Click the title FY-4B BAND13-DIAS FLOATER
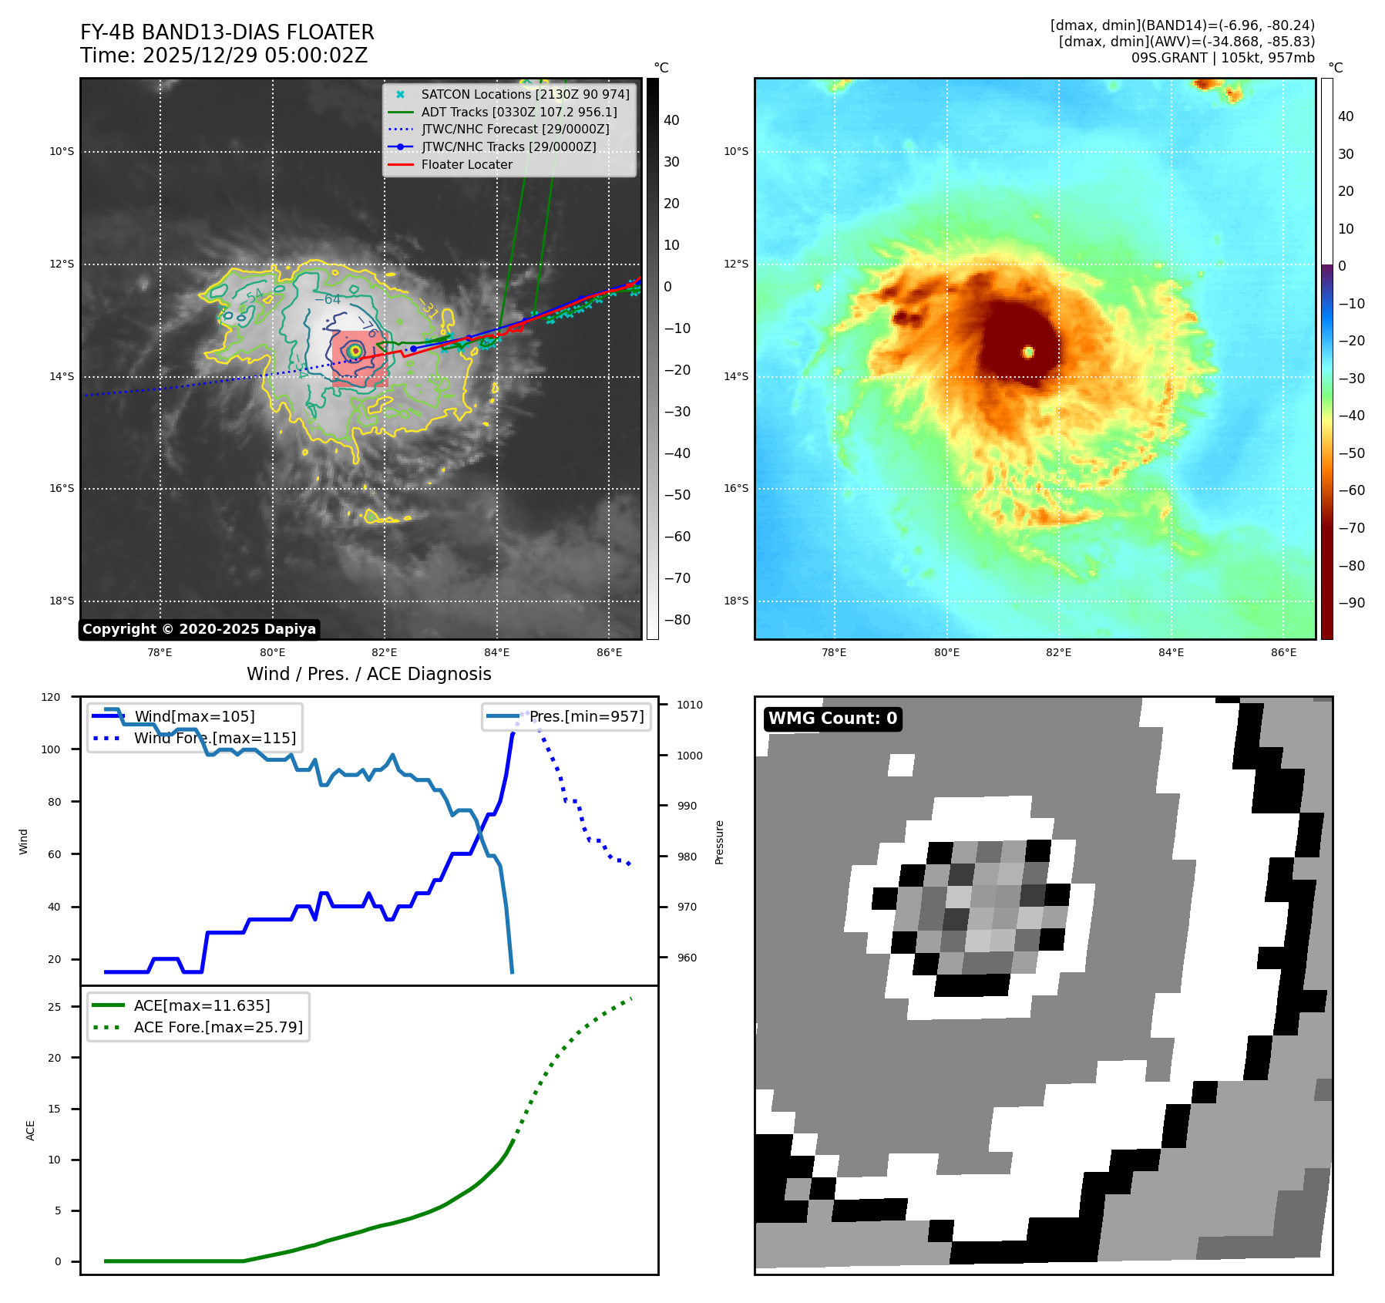(x=227, y=32)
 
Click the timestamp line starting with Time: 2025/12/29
(x=224, y=56)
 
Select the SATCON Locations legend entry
(x=524, y=94)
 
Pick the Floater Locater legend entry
(x=466, y=164)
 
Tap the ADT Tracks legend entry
(x=519, y=112)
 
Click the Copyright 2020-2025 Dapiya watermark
(x=199, y=629)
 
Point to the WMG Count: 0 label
(x=832, y=719)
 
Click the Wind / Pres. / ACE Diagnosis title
(x=368, y=674)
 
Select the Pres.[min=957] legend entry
(x=586, y=716)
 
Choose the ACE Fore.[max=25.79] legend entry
(x=218, y=1027)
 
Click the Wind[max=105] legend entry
(x=194, y=716)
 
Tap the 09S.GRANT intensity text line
(x=1222, y=58)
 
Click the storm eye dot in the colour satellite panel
(x=1028, y=352)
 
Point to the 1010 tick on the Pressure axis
(x=689, y=705)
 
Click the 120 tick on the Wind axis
(x=51, y=697)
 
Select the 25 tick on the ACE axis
(x=54, y=1007)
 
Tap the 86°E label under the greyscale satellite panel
(x=609, y=652)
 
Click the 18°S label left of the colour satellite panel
(x=735, y=601)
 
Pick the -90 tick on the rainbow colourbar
(x=1351, y=603)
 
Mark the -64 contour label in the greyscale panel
(x=328, y=299)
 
